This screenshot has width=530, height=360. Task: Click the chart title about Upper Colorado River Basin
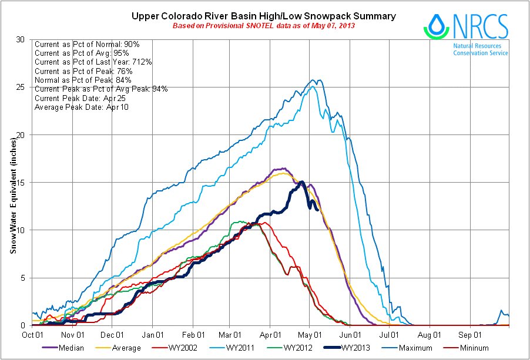pyautogui.click(x=263, y=16)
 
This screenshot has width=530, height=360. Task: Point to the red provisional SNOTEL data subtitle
pyautogui.click(x=263, y=26)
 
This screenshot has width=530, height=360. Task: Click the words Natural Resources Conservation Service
pyautogui.click(x=480, y=49)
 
